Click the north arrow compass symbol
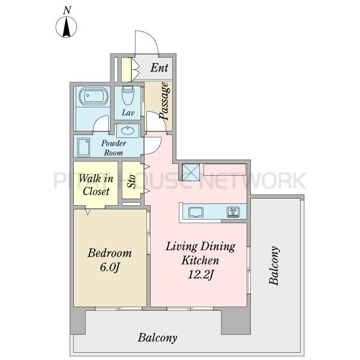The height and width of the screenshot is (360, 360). click(67, 27)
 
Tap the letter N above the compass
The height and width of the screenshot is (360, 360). click(67, 10)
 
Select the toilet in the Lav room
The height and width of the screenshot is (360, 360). click(127, 95)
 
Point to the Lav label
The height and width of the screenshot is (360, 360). click(128, 113)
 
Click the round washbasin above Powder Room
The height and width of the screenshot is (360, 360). click(128, 131)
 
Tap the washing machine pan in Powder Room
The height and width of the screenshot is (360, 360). click(83, 147)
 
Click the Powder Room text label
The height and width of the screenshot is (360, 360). click(113, 148)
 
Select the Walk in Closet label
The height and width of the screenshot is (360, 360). click(96, 185)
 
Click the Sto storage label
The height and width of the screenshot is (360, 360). click(131, 181)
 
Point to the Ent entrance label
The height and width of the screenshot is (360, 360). click(159, 67)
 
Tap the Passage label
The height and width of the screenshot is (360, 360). click(165, 101)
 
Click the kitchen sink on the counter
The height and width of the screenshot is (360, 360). click(196, 212)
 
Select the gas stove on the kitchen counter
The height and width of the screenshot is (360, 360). click(233, 212)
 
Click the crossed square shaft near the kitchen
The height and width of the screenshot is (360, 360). click(191, 172)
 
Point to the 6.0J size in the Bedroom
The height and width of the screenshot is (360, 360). click(110, 267)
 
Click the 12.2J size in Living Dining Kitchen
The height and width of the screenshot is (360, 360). click(201, 275)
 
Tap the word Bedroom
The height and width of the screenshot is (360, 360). click(110, 253)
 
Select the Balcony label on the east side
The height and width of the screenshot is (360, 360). click(274, 266)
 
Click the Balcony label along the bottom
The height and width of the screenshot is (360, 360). click(157, 338)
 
